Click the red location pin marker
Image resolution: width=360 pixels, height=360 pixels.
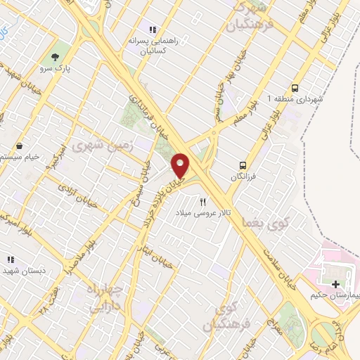tap(181, 165)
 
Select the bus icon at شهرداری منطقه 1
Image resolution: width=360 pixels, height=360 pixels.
tap(295, 89)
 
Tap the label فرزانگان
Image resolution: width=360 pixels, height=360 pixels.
tap(245, 176)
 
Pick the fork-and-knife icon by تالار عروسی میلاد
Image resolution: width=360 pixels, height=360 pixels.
tap(204, 202)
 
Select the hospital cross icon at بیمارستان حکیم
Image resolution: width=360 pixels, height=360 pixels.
tap(335, 284)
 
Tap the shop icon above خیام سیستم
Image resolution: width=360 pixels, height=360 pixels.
tap(19, 146)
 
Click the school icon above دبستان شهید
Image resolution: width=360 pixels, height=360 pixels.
tap(10, 259)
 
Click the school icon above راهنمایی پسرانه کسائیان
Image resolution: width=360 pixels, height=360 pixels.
tap(153, 29)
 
